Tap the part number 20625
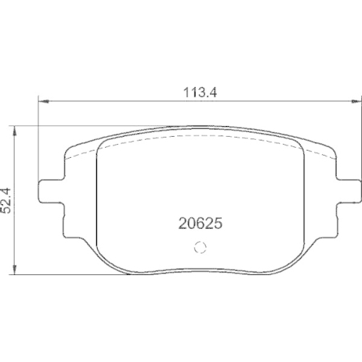click(199, 224)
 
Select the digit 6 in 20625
click(199, 224)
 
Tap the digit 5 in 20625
click(216, 224)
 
